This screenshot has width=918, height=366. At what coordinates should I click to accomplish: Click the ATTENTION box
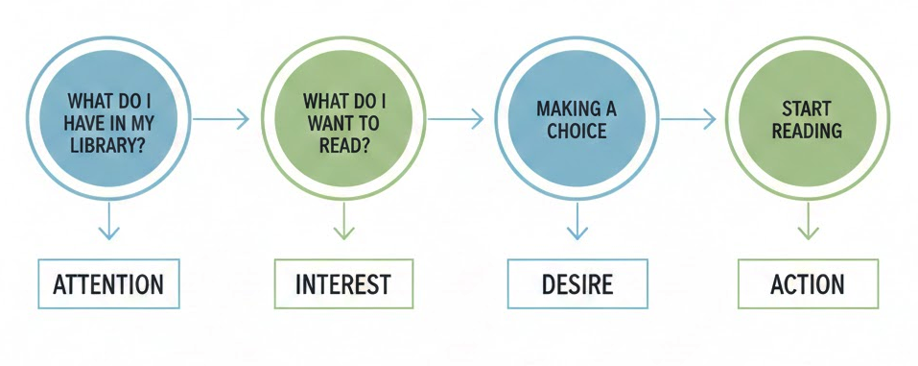click(x=108, y=284)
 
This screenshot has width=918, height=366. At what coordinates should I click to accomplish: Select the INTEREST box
click(x=342, y=284)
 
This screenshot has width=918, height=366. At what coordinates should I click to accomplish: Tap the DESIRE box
click(x=577, y=284)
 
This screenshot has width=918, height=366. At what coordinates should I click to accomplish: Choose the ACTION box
click(x=808, y=284)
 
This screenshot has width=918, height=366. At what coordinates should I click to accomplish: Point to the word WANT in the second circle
click(x=328, y=123)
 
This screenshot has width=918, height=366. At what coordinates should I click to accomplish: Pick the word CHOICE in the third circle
click(x=577, y=130)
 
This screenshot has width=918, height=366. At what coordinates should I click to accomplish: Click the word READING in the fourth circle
click(x=807, y=130)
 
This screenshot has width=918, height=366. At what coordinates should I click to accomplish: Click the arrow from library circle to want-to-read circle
click(x=221, y=119)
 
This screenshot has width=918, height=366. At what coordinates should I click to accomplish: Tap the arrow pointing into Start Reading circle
click(x=688, y=119)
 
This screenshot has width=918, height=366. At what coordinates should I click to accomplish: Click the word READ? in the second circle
click(x=342, y=146)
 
